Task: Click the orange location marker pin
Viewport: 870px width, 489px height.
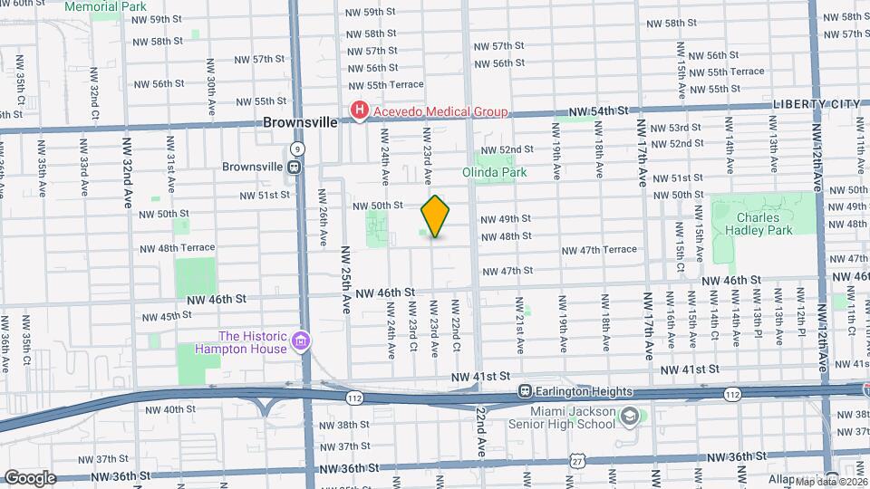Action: [x=436, y=216]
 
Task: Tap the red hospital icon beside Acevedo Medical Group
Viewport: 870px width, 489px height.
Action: [x=359, y=111]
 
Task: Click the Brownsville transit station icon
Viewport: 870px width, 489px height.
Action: [x=294, y=167]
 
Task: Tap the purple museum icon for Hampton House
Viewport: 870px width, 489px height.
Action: [x=302, y=342]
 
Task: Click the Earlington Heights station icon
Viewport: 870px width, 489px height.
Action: [x=524, y=391]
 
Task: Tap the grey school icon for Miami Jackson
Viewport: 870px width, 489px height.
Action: [x=629, y=417]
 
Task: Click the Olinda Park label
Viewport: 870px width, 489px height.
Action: [x=507, y=171]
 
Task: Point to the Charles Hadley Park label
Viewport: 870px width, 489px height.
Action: [x=764, y=224]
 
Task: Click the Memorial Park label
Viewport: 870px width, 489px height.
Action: [x=106, y=5]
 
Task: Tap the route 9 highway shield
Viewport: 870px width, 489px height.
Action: [x=297, y=149]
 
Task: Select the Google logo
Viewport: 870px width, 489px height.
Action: [x=30, y=477]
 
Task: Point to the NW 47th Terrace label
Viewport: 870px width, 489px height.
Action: [x=599, y=250]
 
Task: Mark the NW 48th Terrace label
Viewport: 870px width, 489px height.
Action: [x=178, y=247]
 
